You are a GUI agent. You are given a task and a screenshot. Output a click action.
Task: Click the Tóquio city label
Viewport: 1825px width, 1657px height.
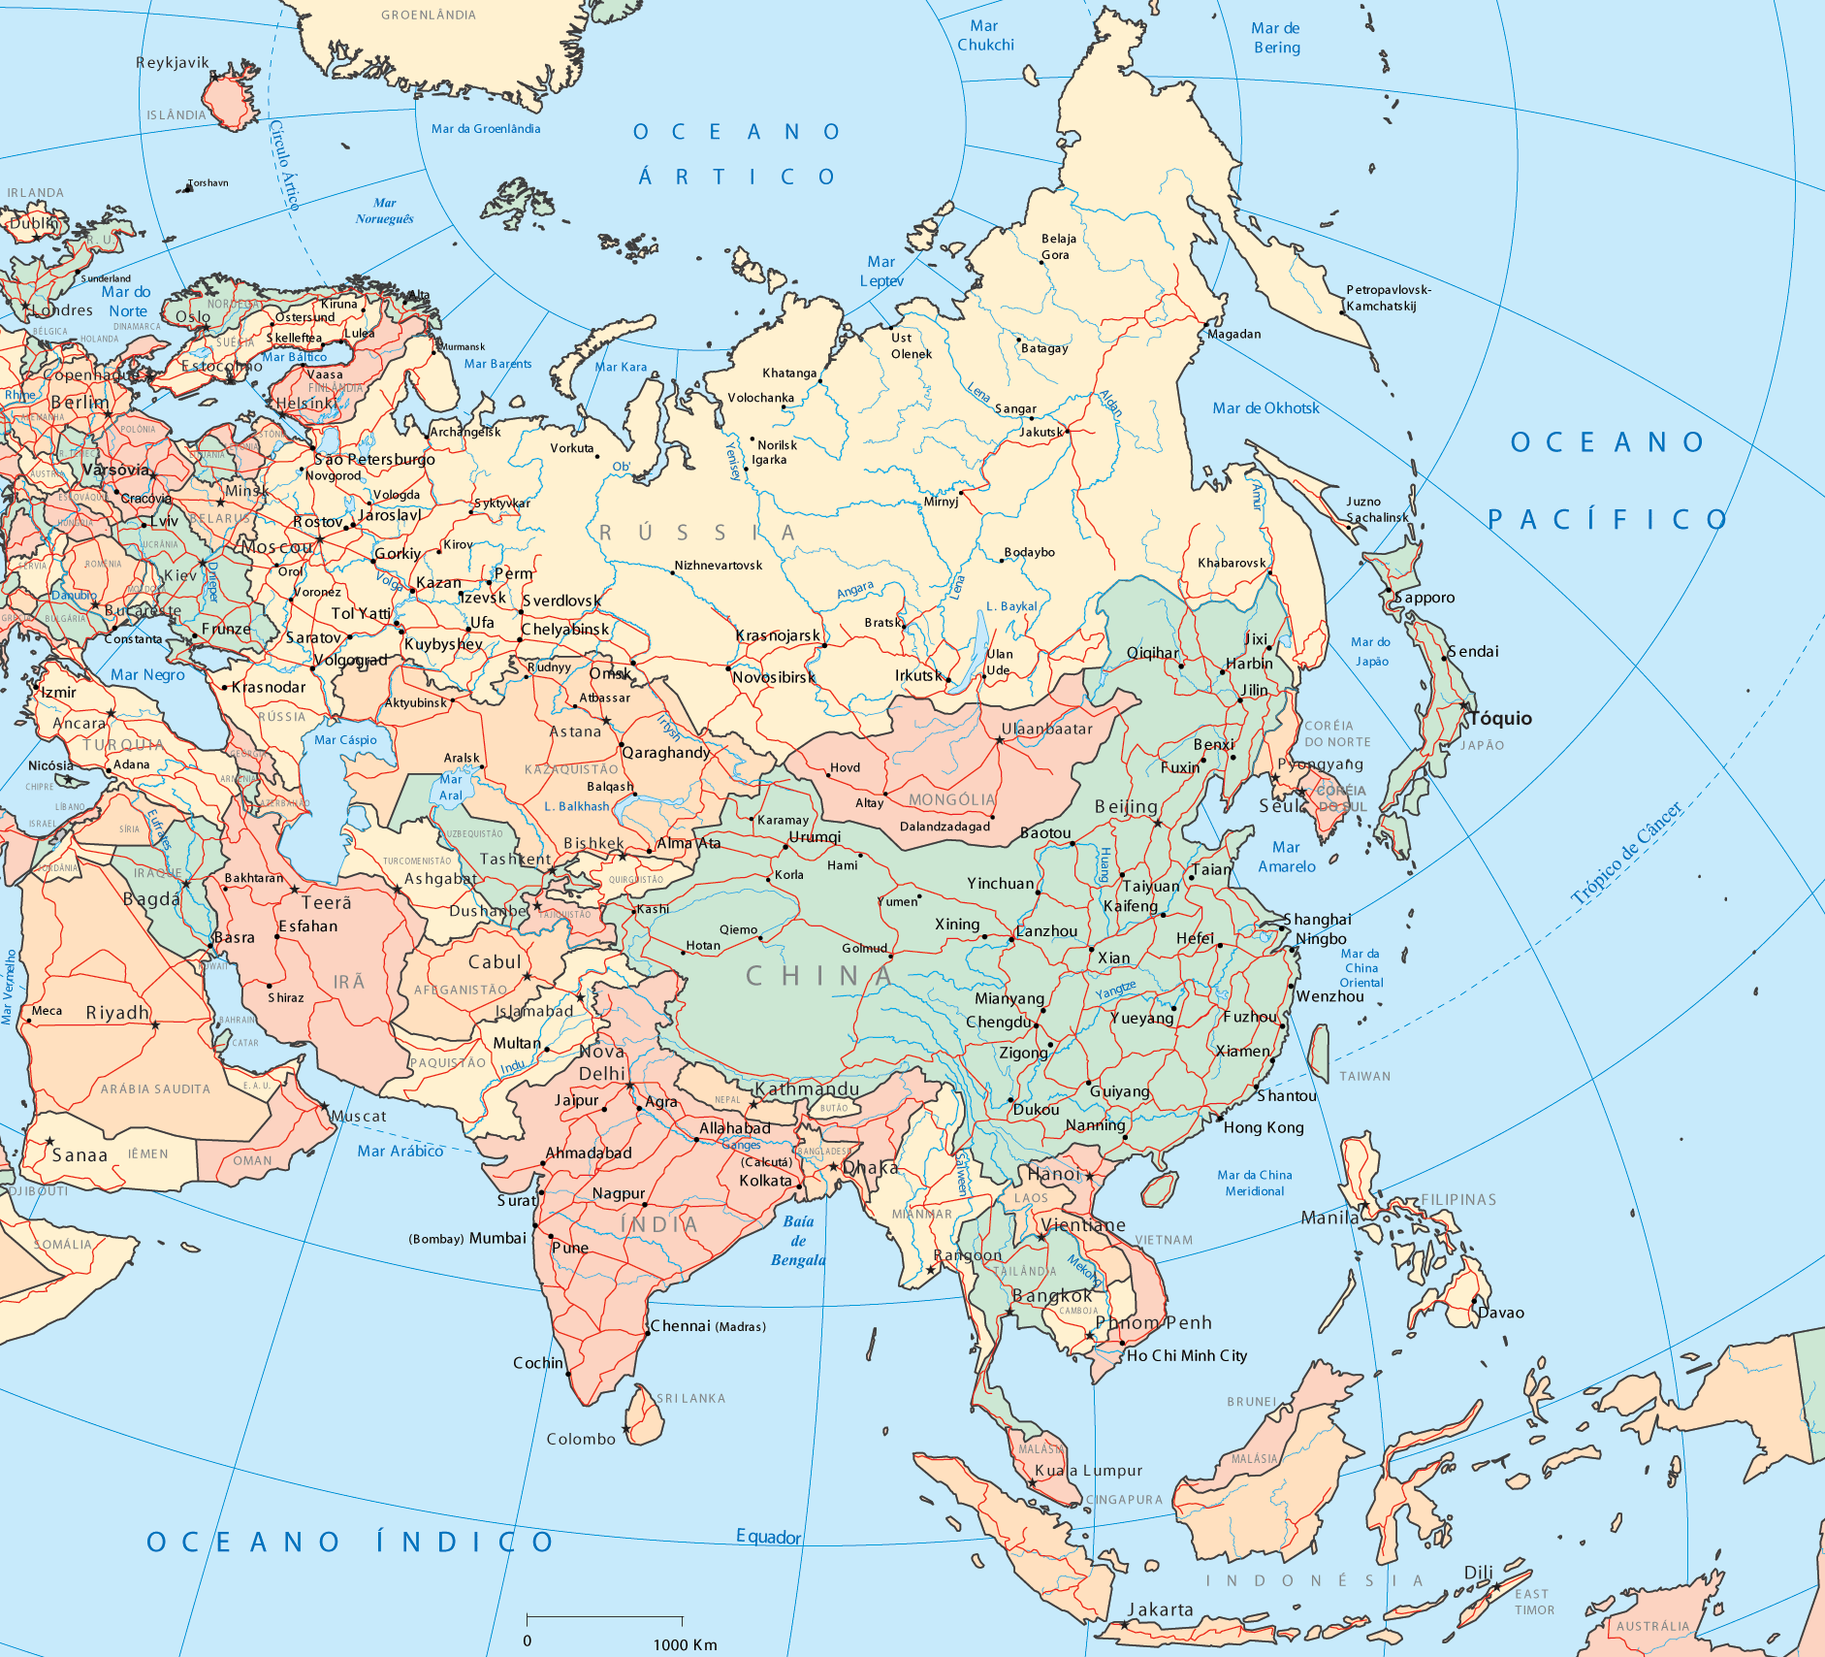coord(1500,718)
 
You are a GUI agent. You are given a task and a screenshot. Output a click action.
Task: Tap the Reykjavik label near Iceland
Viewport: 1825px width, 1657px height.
coord(172,63)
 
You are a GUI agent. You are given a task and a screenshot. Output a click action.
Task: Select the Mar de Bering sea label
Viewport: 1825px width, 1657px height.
coord(1276,38)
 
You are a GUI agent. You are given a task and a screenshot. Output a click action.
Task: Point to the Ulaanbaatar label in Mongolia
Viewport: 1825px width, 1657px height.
coord(1046,729)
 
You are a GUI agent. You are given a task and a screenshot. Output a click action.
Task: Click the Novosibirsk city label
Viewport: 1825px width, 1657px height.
coord(773,677)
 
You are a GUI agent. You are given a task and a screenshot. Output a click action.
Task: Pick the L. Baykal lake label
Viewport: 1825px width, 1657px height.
coord(1011,606)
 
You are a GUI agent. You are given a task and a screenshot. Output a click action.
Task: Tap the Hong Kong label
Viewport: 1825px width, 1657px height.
coord(1263,1127)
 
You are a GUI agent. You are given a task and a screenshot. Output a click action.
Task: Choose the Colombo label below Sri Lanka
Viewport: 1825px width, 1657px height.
coord(581,1439)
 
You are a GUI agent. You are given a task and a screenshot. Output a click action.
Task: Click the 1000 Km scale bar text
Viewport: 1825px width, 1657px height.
coord(685,1643)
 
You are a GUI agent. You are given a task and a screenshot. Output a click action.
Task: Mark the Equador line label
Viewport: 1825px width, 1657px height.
coord(768,1537)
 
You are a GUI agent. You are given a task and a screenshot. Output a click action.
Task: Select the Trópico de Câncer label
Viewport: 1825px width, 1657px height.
coord(1626,854)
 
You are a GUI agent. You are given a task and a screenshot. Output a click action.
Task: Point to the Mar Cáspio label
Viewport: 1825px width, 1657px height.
coord(345,739)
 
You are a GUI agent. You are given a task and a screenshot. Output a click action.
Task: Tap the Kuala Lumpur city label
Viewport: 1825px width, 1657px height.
coord(1088,1471)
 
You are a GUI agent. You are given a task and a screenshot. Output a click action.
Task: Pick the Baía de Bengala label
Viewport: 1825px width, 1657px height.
coord(798,1241)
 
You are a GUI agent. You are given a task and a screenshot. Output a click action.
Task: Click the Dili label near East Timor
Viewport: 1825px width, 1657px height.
coord(1478,1572)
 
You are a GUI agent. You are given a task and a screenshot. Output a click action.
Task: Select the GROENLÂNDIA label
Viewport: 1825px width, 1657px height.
coord(428,15)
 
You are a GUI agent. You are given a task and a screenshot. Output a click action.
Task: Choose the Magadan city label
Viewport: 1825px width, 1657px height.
coord(1233,334)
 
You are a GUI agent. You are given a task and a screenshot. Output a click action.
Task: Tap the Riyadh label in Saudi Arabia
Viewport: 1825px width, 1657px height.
coord(117,1013)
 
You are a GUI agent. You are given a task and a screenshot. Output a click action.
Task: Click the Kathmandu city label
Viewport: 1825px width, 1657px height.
coord(807,1088)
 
